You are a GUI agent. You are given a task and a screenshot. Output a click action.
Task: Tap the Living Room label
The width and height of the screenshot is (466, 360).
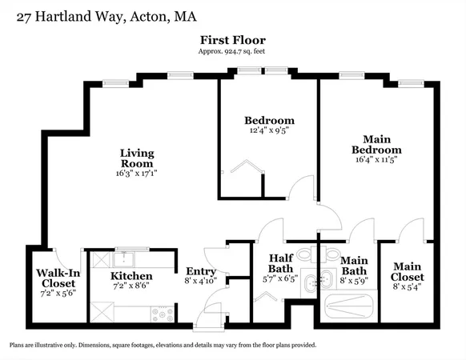click(x=137, y=158)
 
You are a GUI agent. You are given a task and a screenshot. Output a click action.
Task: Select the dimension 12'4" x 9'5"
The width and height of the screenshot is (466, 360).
click(x=268, y=131)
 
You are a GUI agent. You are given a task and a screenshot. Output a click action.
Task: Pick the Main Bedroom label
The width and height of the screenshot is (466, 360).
click(x=376, y=144)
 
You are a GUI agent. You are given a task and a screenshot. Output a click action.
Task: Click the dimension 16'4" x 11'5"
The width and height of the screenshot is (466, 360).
click(x=376, y=159)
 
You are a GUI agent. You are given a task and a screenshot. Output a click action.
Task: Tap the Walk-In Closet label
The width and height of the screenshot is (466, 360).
click(x=56, y=278)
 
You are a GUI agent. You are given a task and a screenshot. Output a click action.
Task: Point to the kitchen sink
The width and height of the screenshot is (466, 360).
click(x=124, y=258)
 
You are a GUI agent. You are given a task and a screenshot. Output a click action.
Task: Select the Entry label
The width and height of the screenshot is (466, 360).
click(x=200, y=271)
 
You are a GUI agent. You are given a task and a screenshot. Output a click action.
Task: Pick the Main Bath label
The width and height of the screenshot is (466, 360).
click(x=353, y=265)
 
